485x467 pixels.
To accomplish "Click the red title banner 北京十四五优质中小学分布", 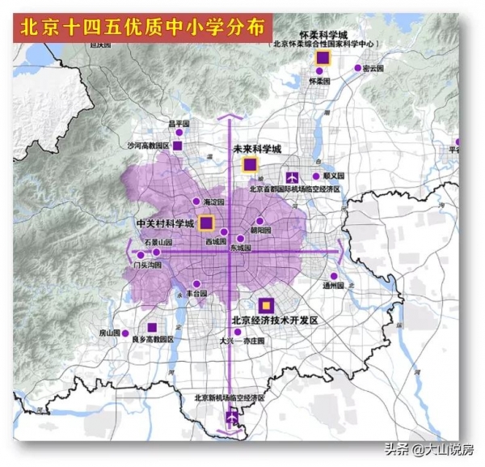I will [142, 28].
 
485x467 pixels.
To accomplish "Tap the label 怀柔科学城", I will [323, 35].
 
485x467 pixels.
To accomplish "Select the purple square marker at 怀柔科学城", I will [323, 57].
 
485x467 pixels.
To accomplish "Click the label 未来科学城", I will [256, 150].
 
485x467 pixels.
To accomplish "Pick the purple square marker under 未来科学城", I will [250, 165].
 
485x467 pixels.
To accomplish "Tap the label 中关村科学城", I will [165, 223].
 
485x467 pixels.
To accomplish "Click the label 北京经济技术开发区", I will [275, 321].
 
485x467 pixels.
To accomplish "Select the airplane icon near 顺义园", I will [293, 176].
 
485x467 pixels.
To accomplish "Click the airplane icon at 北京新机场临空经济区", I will [233, 418].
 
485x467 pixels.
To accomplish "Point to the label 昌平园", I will [178, 124].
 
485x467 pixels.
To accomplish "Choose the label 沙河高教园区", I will [148, 146].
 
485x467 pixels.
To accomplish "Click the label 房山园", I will [109, 333].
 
